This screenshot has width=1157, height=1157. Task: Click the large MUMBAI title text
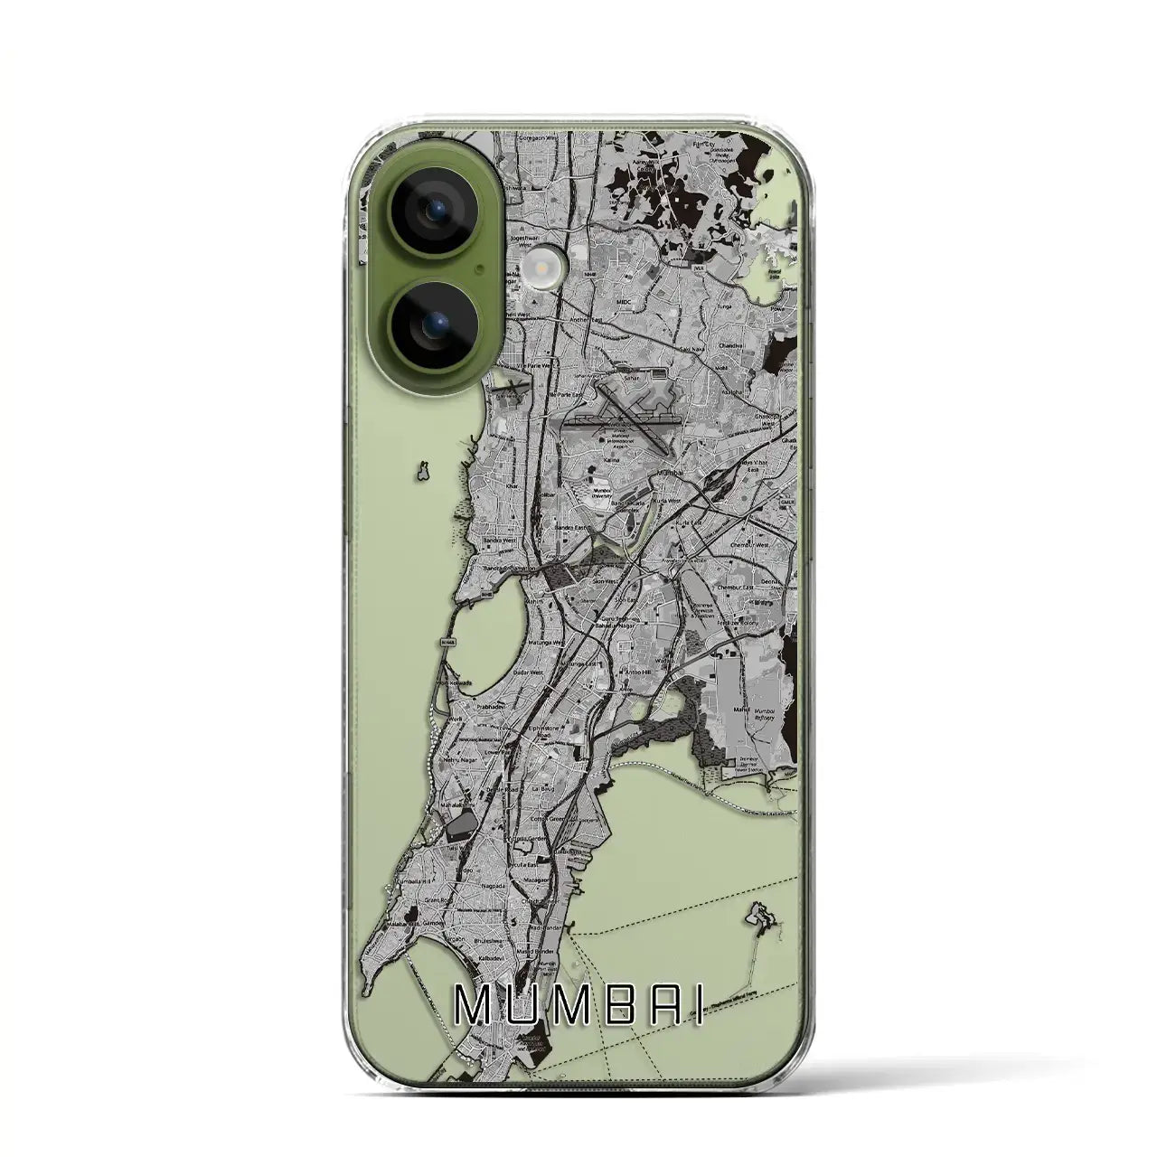point(578,1005)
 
